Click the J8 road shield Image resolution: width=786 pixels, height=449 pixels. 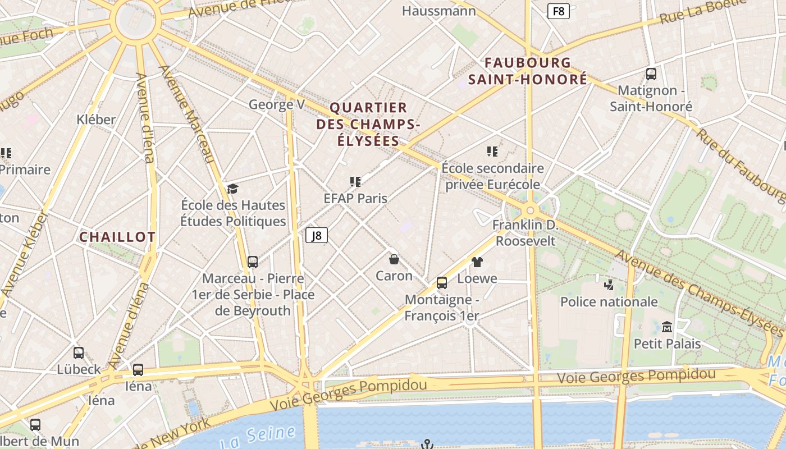click(317, 235)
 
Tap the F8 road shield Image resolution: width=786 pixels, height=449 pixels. click(559, 11)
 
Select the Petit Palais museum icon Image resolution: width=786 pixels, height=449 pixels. click(667, 327)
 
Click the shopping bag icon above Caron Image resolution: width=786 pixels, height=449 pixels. click(394, 259)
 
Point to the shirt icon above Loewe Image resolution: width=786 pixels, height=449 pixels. click(477, 262)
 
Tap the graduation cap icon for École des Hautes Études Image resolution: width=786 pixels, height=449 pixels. click(232, 189)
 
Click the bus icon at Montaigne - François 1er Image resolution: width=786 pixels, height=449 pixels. click(442, 282)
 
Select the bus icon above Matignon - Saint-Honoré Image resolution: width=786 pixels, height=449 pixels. click(651, 74)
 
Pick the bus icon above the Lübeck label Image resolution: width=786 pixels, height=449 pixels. click(79, 353)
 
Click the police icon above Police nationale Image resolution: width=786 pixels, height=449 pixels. click(609, 285)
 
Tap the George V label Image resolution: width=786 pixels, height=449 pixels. click(277, 104)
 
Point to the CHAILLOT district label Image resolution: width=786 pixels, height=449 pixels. click(117, 237)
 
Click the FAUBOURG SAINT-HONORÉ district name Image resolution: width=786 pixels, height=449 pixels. click(528, 71)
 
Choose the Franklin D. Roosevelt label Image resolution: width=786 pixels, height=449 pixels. click(524, 233)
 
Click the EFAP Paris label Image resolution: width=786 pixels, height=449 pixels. click(355, 198)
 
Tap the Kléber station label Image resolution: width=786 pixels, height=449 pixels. click(96, 119)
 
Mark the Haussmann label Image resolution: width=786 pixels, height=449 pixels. click(439, 11)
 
